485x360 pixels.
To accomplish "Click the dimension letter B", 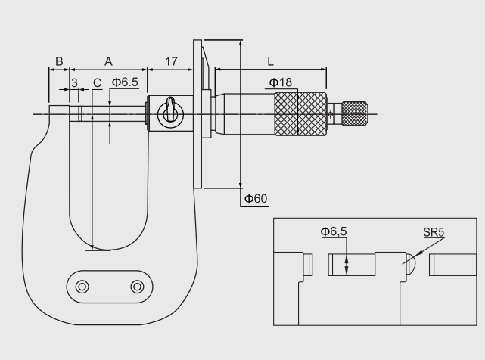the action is [59, 61].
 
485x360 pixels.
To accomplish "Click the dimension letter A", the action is [108, 61].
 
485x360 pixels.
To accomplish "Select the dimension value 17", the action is [171, 61].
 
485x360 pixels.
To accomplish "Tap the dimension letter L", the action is [271, 61].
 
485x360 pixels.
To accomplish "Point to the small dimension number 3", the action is [74, 83].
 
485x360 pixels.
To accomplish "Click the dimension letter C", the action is [97, 83].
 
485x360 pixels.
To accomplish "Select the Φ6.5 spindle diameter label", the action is [125, 82].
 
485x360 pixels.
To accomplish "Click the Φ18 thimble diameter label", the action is [281, 82].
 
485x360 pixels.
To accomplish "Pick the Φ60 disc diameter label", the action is [256, 199].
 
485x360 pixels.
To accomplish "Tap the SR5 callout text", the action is [434, 232].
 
